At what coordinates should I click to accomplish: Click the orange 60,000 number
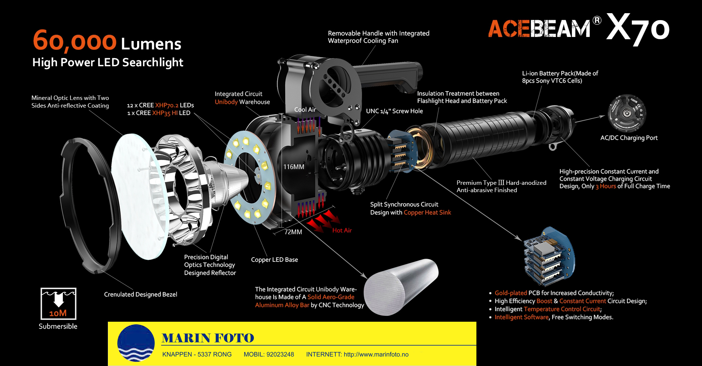pyautogui.click(x=75, y=41)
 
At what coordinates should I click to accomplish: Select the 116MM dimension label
pyautogui.click(x=294, y=167)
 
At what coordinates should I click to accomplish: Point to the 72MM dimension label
pyautogui.click(x=293, y=232)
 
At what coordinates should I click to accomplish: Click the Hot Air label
pyautogui.click(x=342, y=230)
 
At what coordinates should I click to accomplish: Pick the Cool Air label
pyautogui.click(x=305, y=109)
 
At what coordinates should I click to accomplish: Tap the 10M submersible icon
pyautogui.click(x=58, y=304)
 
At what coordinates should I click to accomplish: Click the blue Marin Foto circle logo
pyautogui.click(x=136, y=343)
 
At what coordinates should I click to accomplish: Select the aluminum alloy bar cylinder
pyautogui.click(x=401, y=287)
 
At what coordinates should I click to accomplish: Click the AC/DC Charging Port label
pyautogui.click(x=629, y=138)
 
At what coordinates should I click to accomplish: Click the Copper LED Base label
pyautogui.click(x=275, y=259)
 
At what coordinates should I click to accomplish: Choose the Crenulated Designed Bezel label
pyautogui.click(x=140, y=294)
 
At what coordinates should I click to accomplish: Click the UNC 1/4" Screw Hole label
pyautogui.click(x=395, y=111)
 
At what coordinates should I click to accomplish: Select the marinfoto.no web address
pyautogui.click(x=376, y=354)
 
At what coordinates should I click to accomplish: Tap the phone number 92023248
pyautogui.click(x=280, y=354)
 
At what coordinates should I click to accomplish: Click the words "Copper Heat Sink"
pyautogui.click(x=427, y=212)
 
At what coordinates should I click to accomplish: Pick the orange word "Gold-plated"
pyautogui.click(x=511, y=293)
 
